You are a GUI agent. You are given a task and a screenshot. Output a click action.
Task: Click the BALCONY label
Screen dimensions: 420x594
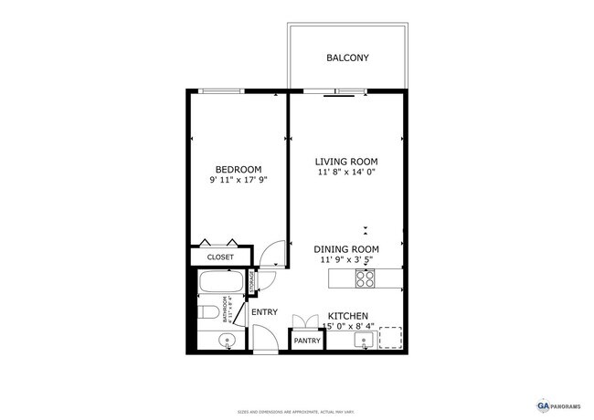[347, 58]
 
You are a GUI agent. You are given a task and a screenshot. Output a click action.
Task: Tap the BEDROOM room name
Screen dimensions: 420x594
[239, 169]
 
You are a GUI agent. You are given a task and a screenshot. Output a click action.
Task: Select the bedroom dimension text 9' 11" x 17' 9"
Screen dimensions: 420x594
[239, 181]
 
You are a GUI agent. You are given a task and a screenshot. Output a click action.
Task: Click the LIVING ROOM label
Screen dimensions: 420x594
[346, 161]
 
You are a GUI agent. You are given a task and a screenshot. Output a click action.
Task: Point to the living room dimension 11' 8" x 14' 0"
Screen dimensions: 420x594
[346, 172]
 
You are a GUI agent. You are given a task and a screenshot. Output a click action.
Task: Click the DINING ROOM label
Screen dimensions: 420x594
[346, 248]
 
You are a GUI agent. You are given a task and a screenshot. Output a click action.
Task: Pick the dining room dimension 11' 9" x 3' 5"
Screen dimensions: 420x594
[346, 259]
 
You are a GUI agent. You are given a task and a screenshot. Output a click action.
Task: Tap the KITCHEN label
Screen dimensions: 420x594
[347, 315]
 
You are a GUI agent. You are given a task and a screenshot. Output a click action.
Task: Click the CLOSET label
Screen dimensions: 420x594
[220, 257]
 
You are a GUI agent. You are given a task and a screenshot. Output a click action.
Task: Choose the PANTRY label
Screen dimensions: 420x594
[307, 341]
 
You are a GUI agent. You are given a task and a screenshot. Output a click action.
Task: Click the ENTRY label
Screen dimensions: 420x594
[264, 312]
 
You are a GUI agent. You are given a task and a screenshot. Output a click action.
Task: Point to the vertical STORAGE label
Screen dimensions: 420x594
[251, 283]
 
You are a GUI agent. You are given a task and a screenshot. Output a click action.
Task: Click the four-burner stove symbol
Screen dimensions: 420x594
[365, 278]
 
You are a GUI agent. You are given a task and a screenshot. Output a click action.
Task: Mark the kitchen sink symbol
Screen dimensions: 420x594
[364, 341]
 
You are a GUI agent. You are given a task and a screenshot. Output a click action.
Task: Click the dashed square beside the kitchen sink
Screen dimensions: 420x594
[390, 339]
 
